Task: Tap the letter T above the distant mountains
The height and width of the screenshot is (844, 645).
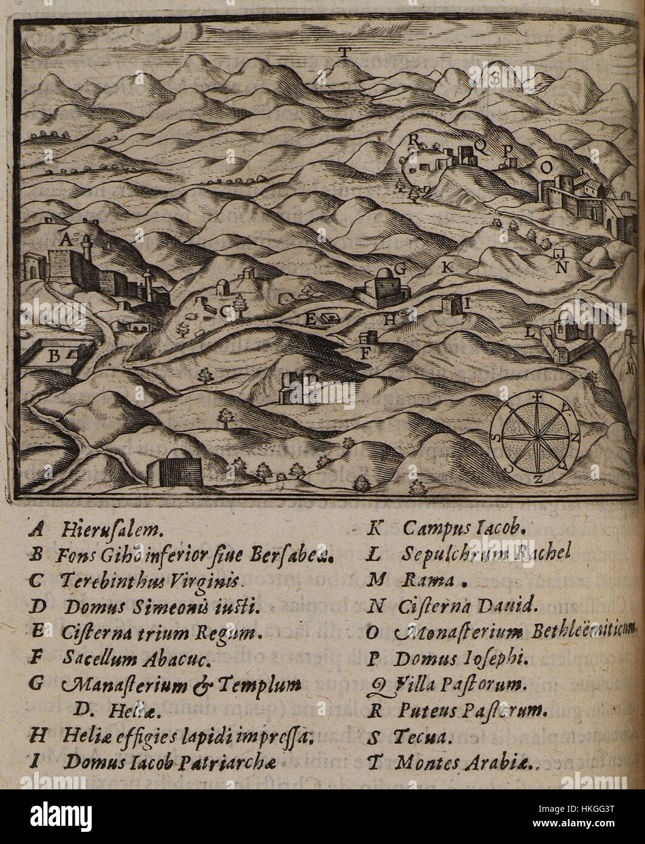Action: point(344,52)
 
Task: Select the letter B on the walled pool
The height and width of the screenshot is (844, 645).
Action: point(53,357)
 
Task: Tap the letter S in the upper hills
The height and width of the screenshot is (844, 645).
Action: point(494,78)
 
